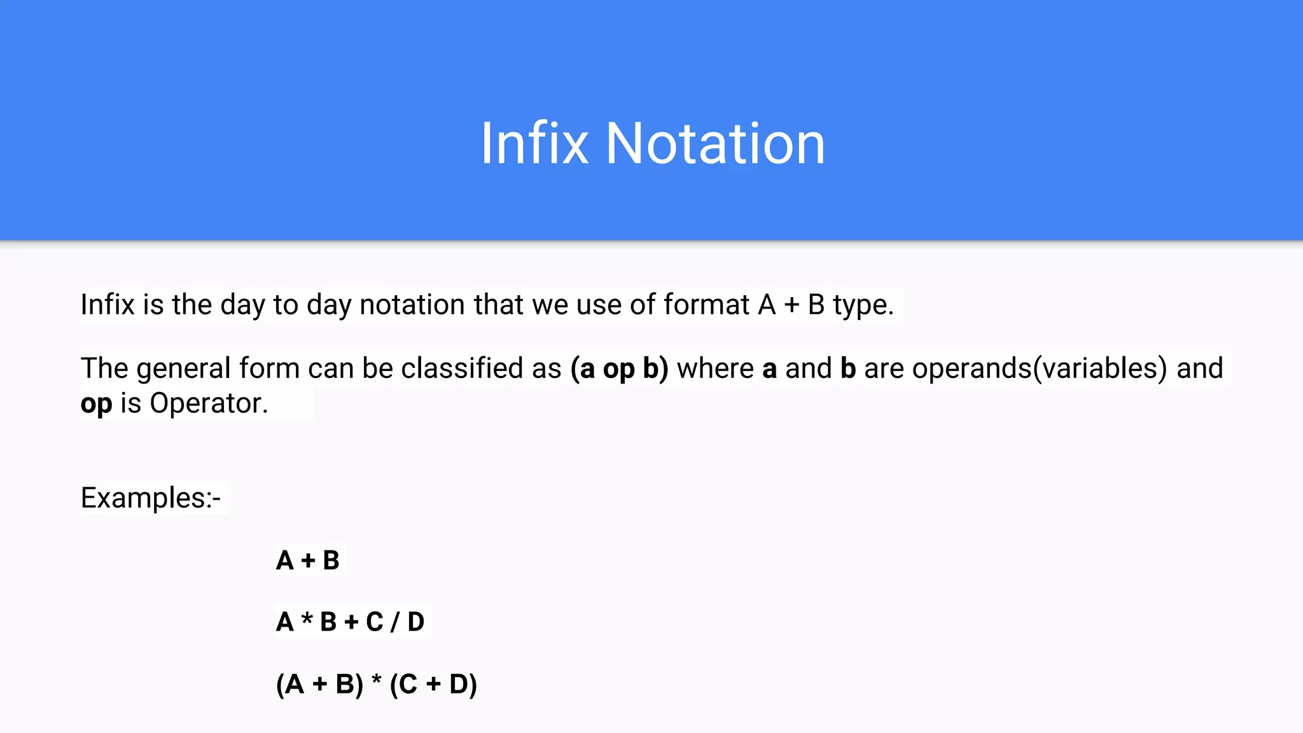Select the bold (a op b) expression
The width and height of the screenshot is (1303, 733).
click(x=619, y=368)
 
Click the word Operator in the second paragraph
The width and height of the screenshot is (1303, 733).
click(x=209, y=403)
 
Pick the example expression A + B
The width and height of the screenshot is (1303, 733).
click(x=308, y=561)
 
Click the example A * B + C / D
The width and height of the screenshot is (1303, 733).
click(x=350, y=622)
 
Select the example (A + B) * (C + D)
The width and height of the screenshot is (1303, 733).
click(x=376, y=685)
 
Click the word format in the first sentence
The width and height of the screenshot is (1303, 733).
click(x=706, y=305)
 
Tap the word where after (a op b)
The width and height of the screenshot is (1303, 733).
click(x=715, y=368)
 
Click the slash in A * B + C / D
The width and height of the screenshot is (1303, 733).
click(x=395, y=622)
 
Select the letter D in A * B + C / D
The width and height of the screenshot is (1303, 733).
click(x=415, y=622)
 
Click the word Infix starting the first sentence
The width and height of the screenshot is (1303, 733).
click(x=108, y=305)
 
